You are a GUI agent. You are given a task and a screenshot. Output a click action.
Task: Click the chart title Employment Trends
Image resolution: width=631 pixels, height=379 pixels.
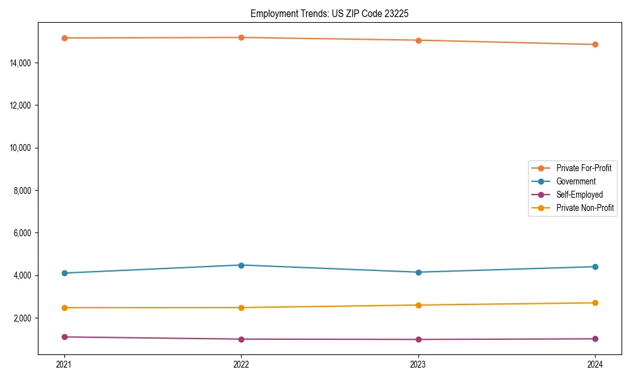(x=329, y=13)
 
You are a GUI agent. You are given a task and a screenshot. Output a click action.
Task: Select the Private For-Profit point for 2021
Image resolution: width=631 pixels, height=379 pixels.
(x=64, y=38)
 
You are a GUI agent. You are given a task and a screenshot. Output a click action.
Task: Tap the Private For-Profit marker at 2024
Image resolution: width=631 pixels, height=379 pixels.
(x=595, y=44)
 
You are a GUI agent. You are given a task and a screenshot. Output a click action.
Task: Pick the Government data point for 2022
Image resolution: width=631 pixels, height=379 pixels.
(x=241, y=265)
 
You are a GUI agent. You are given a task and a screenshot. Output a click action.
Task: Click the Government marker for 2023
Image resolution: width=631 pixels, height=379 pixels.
(x=418, y=272)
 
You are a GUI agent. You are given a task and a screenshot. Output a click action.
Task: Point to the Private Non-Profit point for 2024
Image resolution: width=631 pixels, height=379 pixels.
(x=595, y=303)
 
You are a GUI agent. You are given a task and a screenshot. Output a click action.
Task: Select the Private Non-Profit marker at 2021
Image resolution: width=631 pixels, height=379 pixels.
(x=64, y=308)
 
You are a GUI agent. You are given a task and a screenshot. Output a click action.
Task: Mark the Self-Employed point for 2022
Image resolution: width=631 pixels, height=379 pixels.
(x=241, y=339)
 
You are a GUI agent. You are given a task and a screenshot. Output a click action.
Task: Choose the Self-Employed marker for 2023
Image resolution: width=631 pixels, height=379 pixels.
(x=418, y=339)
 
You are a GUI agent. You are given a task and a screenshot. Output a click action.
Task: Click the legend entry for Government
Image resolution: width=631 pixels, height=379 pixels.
(x=575, y=181)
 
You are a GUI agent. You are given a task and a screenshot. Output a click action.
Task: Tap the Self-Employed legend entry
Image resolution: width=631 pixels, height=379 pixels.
(x=579, y=195)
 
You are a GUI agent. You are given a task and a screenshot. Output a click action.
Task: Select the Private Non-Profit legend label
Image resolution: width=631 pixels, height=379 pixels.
(x=585, y=208)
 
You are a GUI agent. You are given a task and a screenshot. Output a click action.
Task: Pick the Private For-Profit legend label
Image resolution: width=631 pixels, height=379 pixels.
(x=583, y=168)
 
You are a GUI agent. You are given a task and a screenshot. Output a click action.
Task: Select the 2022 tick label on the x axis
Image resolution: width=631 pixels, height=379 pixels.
(x=241, y=364)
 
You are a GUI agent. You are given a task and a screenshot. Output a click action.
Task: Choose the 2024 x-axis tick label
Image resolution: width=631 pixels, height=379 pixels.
(x=595, y=364)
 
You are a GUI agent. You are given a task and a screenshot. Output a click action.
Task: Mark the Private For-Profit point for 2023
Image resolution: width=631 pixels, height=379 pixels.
(x=418, y=40)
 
